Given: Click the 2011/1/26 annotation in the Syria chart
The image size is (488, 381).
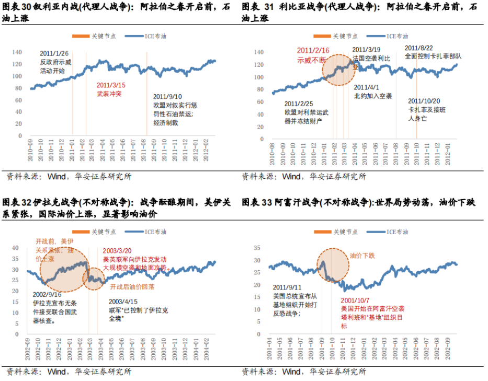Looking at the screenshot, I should (x=54, y=54).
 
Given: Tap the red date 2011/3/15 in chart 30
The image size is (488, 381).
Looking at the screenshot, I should (x=111, y=85).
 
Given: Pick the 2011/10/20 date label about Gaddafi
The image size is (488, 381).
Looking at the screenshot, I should (x=424, y=101).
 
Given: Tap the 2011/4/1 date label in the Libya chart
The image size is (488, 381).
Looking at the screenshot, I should (x=367, y=87).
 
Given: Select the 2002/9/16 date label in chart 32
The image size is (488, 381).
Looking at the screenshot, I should (x=48, y=294).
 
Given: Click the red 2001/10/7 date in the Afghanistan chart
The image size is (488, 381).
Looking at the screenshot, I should (x=357, y=300).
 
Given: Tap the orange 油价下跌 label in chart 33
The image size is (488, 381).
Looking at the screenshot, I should (x=362, y=256).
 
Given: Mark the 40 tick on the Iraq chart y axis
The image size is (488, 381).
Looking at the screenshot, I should (x=16, y=247).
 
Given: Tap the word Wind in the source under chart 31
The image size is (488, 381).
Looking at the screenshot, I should (x=291, y=177).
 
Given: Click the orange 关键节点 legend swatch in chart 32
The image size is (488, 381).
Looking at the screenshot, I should (x=81, y=232).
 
